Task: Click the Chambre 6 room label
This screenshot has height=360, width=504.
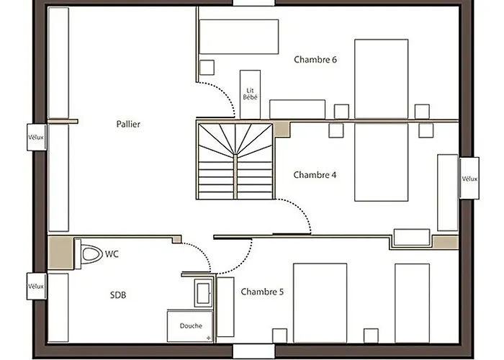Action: (x=315, y=60)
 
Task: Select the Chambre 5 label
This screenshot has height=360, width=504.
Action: (x=262, y=292)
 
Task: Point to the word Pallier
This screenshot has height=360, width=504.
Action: (x=128, y=124)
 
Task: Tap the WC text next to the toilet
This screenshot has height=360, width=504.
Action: (x=112, y=254)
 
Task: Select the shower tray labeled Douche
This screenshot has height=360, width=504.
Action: (x=190, y=326)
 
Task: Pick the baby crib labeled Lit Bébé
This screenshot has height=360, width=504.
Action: (x=250, y=94)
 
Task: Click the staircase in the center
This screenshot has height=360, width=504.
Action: (x=235, y=161)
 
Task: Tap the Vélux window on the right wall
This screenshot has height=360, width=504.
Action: (x=469, y=179)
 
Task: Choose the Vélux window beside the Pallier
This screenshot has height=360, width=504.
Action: (x=37, y=137)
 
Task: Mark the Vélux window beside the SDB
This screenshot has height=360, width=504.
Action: (x=37, y=287)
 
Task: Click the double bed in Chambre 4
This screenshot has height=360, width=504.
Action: (x=381, y=162)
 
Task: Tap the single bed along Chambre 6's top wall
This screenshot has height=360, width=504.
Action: (x=238, y=37)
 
